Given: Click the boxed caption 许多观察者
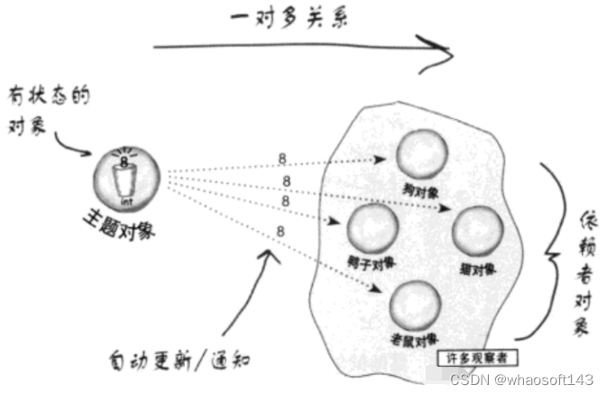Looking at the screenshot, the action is coord(477,358).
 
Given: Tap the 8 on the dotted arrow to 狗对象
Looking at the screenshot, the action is coord(283,159).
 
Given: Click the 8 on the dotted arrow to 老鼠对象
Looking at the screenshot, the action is coord(281,231).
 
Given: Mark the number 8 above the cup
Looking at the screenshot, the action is coord(126,160).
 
